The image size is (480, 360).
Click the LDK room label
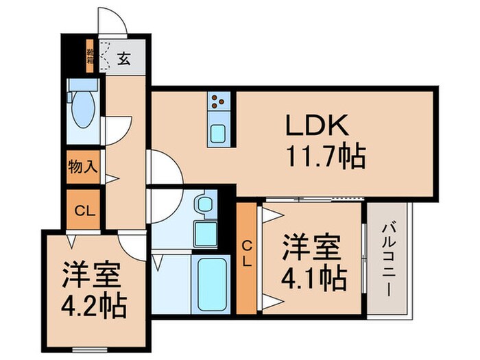(318, 125)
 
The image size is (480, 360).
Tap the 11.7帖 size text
(324, 157)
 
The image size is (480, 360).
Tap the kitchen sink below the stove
(219, 132)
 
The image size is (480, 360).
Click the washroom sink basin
(204, 204)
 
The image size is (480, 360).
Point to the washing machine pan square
(205, 233)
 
